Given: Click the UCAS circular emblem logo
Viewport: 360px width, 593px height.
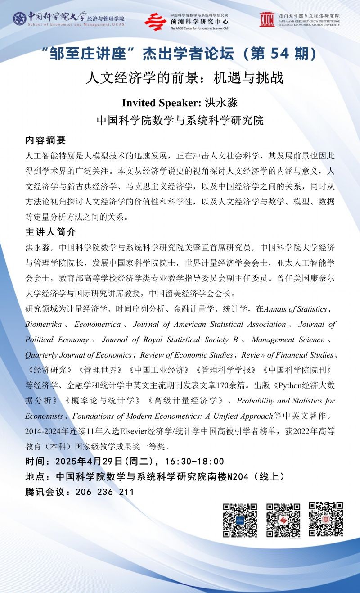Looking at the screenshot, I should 20,18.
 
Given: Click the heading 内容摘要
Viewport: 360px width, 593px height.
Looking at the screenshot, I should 45,140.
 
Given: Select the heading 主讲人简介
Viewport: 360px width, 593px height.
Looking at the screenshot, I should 50,232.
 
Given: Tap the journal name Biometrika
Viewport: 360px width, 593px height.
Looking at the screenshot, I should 44,324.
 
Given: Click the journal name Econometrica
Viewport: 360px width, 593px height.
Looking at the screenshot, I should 98,324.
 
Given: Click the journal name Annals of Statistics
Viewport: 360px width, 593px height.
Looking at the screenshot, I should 295,309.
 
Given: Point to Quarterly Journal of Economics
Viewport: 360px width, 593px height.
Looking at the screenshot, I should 78,355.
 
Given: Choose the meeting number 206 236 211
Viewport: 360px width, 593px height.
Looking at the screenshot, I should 102,492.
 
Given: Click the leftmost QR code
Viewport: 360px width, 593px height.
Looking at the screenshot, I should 240,520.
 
